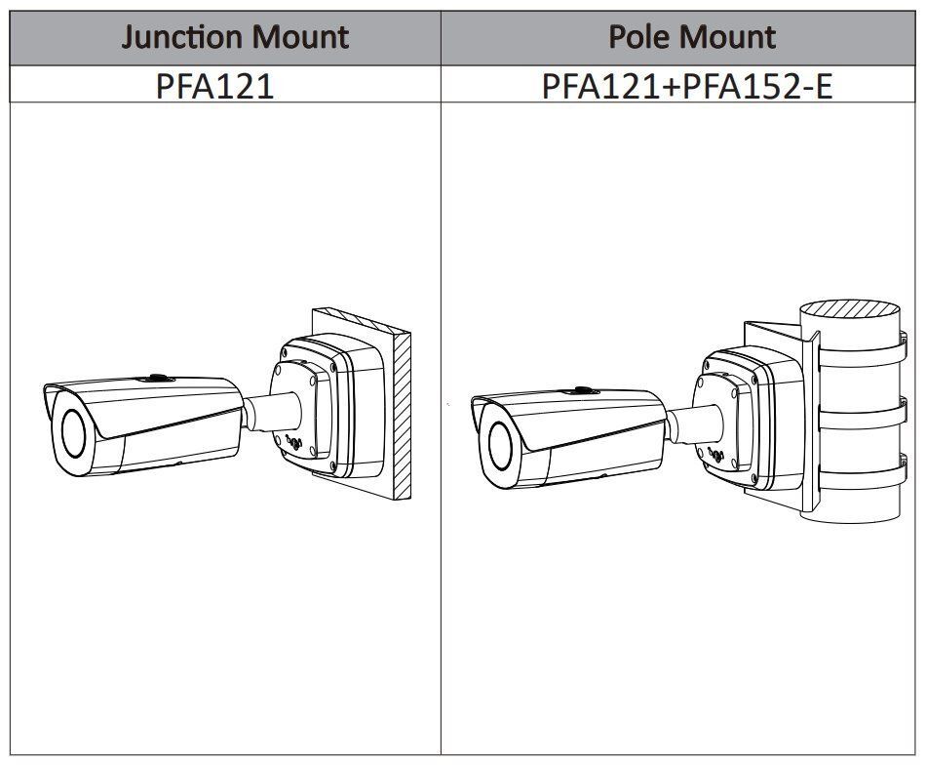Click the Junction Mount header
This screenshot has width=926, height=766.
tap(235, 37)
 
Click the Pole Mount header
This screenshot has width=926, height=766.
tap(691, 37)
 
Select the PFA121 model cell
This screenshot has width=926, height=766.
tap(214, 85)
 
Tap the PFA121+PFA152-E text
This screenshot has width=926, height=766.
tap(687, 85)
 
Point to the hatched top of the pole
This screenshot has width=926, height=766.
tap(850, 321)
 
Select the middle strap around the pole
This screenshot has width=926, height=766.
tap(858, 409)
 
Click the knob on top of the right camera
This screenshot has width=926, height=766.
tap(582, 389)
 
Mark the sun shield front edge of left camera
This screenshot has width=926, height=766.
tap(49, 400)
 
